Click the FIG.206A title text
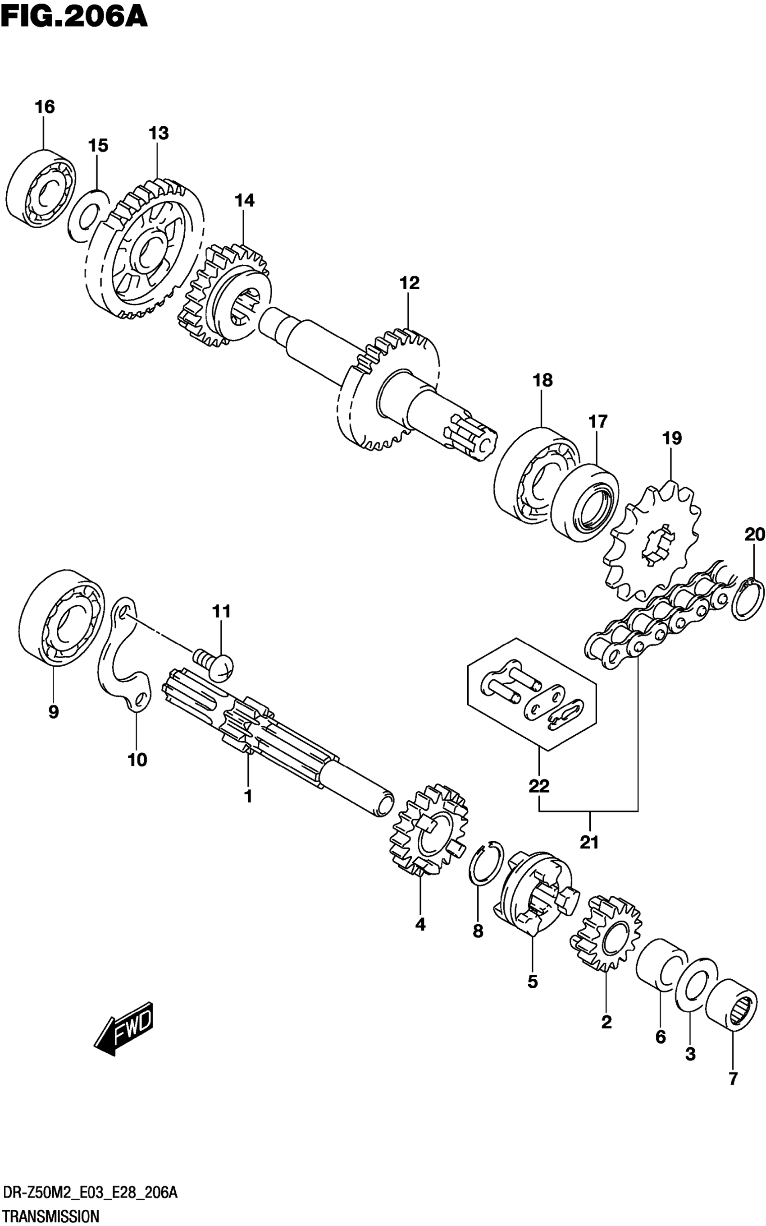point(74,16)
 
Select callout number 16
point(45,107)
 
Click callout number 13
point(158,134)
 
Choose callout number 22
point(538,786)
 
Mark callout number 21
point(589,843)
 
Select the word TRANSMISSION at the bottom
point(50,1216)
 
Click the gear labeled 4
point(429,835)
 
